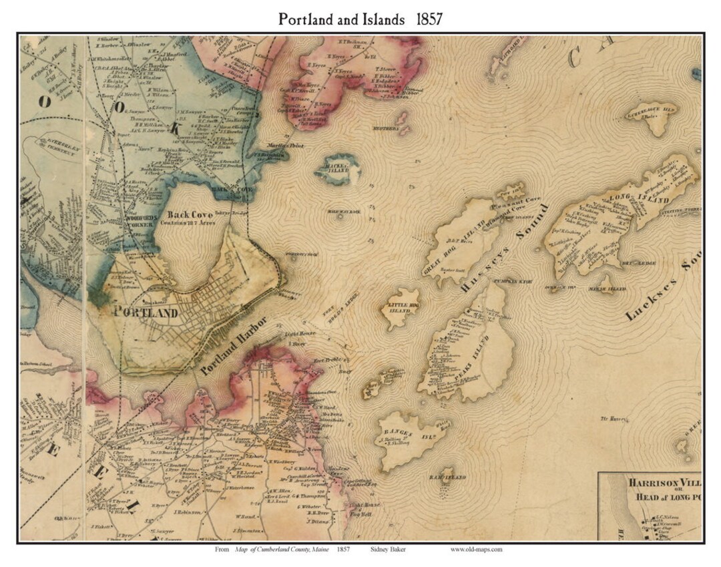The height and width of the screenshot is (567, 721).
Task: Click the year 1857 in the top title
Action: pos(429,19)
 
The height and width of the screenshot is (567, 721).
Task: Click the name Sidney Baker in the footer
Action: pos(388,550)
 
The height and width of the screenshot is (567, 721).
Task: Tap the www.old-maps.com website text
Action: pos(476,550)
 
